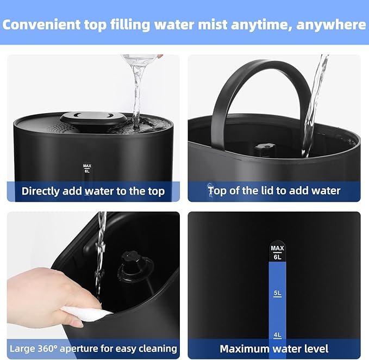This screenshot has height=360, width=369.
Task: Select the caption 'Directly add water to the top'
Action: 93,191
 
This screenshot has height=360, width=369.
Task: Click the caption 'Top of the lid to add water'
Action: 274,191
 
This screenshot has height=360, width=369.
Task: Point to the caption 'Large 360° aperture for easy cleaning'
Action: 93,348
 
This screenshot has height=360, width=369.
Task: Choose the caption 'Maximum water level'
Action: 274,348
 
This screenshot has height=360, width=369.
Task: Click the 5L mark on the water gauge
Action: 277,293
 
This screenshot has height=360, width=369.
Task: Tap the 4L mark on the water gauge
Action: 277,335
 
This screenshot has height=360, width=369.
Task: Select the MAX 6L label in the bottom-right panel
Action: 277,252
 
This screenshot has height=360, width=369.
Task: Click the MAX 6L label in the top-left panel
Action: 86,167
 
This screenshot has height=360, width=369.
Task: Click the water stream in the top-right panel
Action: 315,103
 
